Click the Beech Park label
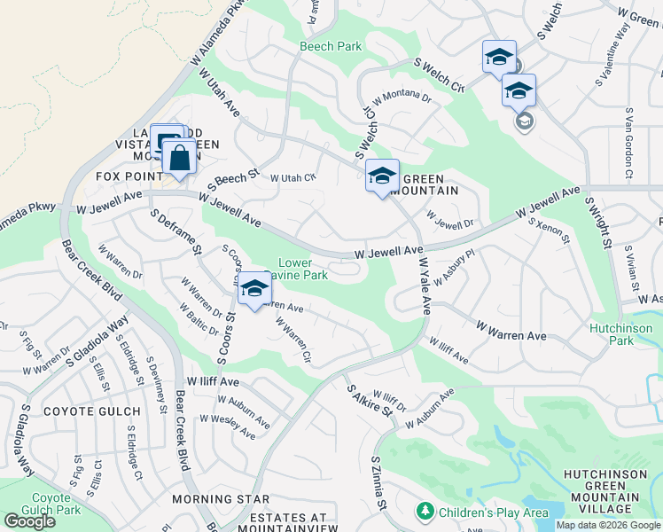pyautogui.click(x=331, y=46)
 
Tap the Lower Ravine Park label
pyautogui.click(x=303, y=269)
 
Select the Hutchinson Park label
pyautogui.click(x=620, y=334)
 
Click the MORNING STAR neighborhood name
pyautogui.click(x=221, y=499)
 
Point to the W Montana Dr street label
pyautogui.click(x=402, y=98)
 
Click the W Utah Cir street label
pyautogui.click(x=292, y=177)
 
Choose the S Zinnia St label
pyautogui.click(x=379, y=483)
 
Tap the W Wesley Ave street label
pyautogui.click(x=227, y=426)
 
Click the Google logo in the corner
pyautogui.click(x=29, y=520)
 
